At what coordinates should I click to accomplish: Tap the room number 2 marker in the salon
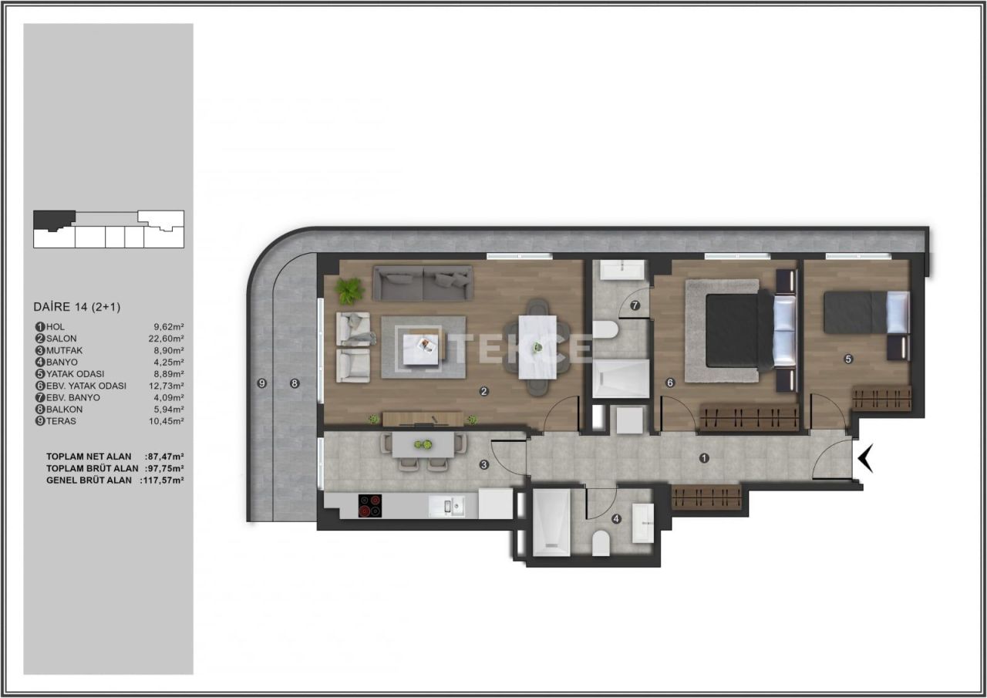483,391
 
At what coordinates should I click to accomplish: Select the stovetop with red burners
370,505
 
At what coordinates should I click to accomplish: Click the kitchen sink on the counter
446,506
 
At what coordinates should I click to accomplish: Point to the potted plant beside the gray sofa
349,291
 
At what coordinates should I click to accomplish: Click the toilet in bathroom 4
601,544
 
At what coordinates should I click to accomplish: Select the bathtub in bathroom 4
551,522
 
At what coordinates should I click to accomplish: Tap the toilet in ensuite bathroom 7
605,330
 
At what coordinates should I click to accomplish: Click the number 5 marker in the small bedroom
848,359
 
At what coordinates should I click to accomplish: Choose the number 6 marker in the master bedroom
670,383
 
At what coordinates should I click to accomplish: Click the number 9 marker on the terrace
261,383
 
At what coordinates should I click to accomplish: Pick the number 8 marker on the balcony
294,383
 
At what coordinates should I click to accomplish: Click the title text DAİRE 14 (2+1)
77,307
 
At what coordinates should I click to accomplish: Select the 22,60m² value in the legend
167,339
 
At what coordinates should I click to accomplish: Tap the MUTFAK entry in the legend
62,350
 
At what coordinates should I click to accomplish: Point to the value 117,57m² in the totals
163,480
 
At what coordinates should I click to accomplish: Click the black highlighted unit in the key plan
53,219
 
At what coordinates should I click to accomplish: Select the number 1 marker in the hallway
704,458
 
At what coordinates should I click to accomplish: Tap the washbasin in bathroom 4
642,523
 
